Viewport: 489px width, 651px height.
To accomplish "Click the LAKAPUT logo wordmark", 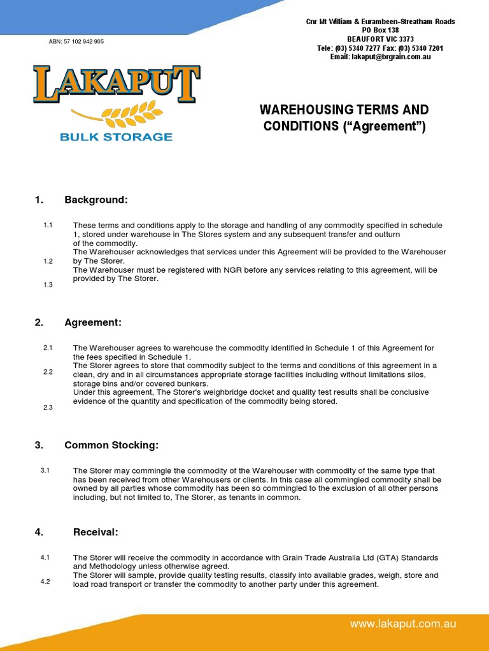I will point(117,84).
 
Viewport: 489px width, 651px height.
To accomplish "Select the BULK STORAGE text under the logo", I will point(116,137).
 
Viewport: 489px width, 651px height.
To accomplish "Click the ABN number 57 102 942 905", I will point(76,41).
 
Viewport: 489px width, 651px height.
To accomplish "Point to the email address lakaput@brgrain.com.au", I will point(381,57).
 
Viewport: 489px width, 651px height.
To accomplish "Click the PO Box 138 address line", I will point(381,31).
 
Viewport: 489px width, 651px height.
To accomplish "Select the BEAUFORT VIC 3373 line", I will point(381,39).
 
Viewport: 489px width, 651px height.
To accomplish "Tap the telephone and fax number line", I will point(381,48).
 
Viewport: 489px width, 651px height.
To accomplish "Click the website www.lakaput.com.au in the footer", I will point(403,624).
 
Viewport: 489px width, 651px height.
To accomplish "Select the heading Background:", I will point(96,200).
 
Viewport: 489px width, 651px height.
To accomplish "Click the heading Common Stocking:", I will point(111,445).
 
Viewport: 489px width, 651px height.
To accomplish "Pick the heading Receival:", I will point(91,531).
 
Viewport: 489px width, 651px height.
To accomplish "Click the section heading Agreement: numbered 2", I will point(93,322).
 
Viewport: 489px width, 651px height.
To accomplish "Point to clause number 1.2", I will point(48,261).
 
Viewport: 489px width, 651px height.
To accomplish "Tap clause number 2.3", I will point(48,408).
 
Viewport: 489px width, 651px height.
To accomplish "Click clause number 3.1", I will point(45,470).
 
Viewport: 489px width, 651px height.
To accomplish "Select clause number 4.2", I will point(45,581).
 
